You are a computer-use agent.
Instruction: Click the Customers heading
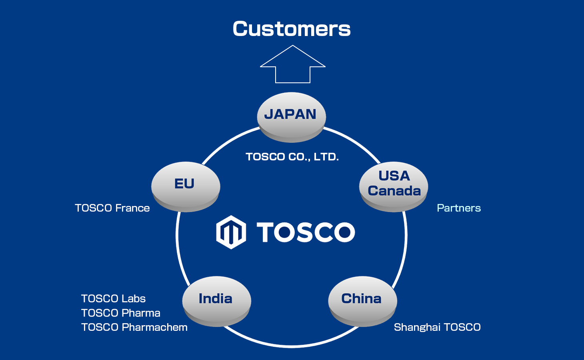(292, 29)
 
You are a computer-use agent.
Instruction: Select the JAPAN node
(291, 116)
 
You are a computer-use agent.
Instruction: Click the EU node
(185, 185)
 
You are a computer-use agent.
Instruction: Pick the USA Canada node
(394, 185)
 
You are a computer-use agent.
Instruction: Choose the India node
(216, 300)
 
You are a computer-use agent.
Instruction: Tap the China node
(362, 300)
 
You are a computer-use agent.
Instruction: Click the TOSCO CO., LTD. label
(292, 157)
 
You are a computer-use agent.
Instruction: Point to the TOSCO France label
(112, 208)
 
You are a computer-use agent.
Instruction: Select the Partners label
(459, 208)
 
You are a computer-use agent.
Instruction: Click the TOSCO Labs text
(113, 299)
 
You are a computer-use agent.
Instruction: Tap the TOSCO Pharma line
(121, 313)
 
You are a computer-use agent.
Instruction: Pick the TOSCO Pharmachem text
(134, 327)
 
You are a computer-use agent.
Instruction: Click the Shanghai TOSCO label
(437, 327)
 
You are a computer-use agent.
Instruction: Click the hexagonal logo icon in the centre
(231, 232)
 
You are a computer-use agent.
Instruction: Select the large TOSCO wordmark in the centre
(306, 232)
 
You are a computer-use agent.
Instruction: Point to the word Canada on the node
(394, 191)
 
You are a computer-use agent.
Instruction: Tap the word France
(132, 208)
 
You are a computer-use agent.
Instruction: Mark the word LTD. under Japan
(326, 157)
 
